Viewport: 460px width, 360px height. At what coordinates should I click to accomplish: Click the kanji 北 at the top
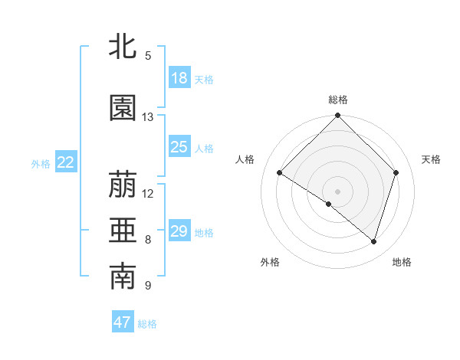coord(123,46)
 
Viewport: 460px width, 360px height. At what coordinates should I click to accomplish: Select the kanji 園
coord(123,109)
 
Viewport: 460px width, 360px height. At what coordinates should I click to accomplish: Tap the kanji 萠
coord(123,185)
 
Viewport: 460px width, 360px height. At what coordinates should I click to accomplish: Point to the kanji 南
coord(123,277)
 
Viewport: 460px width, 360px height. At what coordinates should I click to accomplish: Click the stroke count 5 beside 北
coord(148,55)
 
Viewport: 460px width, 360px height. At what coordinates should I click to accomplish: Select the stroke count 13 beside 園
coord(148,117)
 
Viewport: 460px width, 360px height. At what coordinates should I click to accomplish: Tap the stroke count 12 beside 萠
coord(148,193)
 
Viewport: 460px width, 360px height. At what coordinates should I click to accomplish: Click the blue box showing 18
coord(179,77)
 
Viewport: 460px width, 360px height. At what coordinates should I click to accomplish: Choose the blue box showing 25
coord(179,147)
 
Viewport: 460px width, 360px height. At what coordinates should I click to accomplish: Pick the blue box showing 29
coord(179,231)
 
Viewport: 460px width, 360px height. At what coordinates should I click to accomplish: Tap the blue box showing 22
coord(66,162)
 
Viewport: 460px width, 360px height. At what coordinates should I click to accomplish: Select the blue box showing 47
coord(123,322)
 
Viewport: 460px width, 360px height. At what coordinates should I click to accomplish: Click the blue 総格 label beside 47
coord(147,324)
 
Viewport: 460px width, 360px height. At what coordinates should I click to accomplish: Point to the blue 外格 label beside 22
coord(41,163)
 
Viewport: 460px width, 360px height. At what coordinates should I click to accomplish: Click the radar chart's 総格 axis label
coord(337,100)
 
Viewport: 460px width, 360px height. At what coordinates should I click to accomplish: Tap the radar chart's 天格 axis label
coord(431,159)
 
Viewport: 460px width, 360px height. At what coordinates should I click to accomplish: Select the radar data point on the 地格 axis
coord(374,241)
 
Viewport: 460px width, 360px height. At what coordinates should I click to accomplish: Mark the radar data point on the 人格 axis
coord(280,172)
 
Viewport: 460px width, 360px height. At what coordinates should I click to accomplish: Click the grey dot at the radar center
coord(337,191)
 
